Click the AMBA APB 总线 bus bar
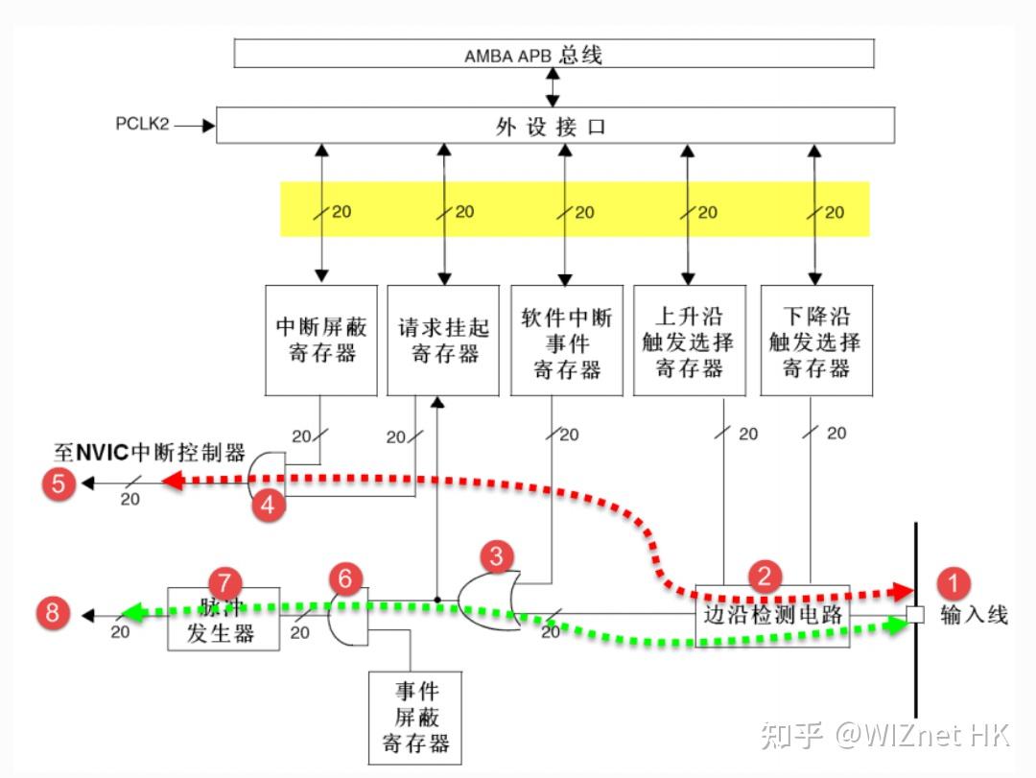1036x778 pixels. [553, 54]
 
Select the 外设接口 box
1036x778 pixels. [554, 126]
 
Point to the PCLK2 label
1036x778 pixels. [142, 125]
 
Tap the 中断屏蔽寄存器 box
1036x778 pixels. [321, 340]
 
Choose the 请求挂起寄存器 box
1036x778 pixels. [443, 340]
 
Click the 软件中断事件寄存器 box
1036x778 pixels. [566, 340]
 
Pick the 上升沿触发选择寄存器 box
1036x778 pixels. [689, 340]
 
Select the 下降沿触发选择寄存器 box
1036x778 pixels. [816, 340]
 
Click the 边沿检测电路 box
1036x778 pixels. [772, 615]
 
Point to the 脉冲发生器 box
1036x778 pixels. [224, 619]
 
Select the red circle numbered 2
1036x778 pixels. [765, 576]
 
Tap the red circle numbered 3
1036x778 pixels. [496, 554]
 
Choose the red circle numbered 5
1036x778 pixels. [59, 483]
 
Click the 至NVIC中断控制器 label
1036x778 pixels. [150, 452]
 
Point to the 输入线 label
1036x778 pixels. [974, 615]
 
